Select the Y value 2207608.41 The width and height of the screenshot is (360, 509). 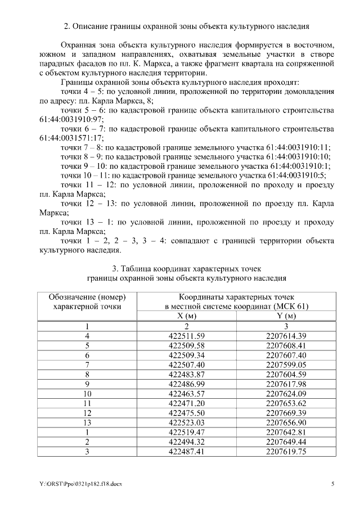coord(286,345)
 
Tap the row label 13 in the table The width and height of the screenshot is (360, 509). coord(87,422)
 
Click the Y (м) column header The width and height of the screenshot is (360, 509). coord(286,316)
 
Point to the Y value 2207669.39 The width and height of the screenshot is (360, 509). coord(286,412)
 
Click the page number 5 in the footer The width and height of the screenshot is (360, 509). coord(332,483)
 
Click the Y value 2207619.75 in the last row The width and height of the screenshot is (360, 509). coord(286,451)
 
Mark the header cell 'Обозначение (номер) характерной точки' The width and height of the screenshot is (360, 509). coord(87,301)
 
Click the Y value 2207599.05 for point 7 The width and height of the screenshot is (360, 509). coord(286,364)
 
